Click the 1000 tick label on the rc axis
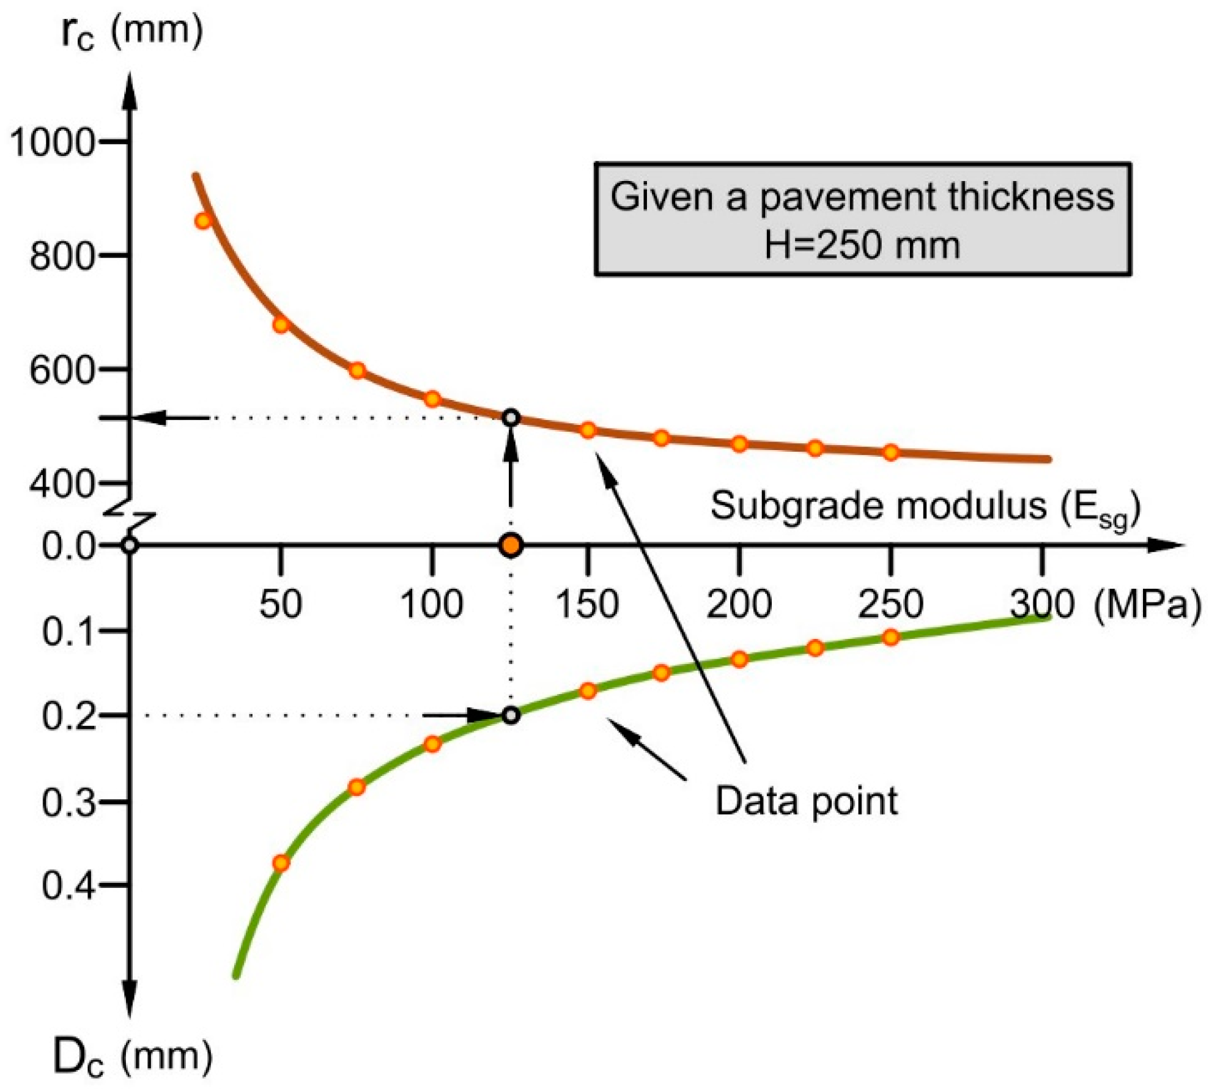53,143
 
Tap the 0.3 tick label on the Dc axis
69,803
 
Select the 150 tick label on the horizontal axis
586,604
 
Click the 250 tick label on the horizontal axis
890,604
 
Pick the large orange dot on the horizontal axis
511,545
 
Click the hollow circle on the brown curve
511,418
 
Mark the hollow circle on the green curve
511,715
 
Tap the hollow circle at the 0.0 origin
130,545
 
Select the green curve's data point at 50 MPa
281,863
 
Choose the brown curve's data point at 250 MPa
891,452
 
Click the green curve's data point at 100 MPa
432,744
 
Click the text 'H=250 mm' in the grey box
862,245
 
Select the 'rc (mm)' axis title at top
131,32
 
